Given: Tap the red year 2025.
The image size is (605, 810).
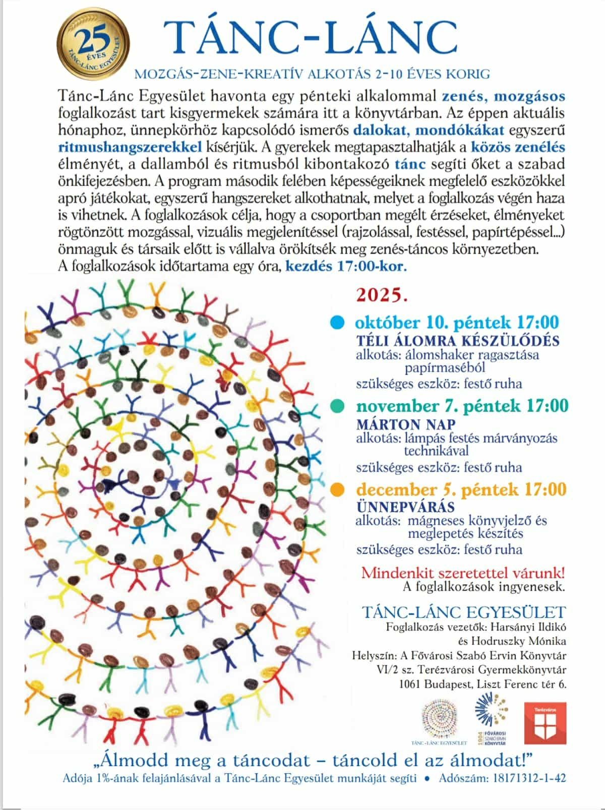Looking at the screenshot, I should coord(382,295).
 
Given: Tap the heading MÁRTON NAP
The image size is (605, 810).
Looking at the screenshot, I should coord(406,424).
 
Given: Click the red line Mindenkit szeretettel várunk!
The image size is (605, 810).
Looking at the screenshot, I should coord(463,573).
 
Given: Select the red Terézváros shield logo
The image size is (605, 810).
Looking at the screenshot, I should coord(545,723).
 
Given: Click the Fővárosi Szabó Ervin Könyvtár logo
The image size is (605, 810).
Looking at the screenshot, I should coord(491,718).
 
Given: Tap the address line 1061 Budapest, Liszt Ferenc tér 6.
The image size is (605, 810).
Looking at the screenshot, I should coord(482,684).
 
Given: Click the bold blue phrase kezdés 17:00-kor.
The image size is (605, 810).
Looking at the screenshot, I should coord(346,266).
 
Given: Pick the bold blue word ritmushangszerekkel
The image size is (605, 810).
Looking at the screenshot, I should coord(130,147).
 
